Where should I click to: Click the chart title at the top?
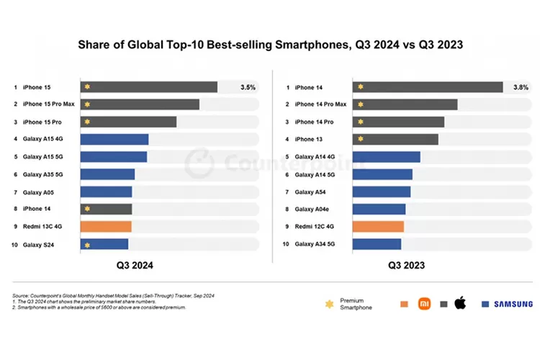270,45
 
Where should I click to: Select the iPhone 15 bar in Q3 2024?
148,87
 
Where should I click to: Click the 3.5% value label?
248,87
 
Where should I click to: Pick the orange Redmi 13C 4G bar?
105,227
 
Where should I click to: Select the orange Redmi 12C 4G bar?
378,227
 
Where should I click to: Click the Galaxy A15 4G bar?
114,140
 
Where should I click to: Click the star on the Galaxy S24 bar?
86,245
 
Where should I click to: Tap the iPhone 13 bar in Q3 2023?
395,140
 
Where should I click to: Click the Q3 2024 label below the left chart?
135,265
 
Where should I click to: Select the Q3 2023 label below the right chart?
407,265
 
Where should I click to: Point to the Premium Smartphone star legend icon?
329,304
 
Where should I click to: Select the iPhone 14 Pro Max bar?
405,104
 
